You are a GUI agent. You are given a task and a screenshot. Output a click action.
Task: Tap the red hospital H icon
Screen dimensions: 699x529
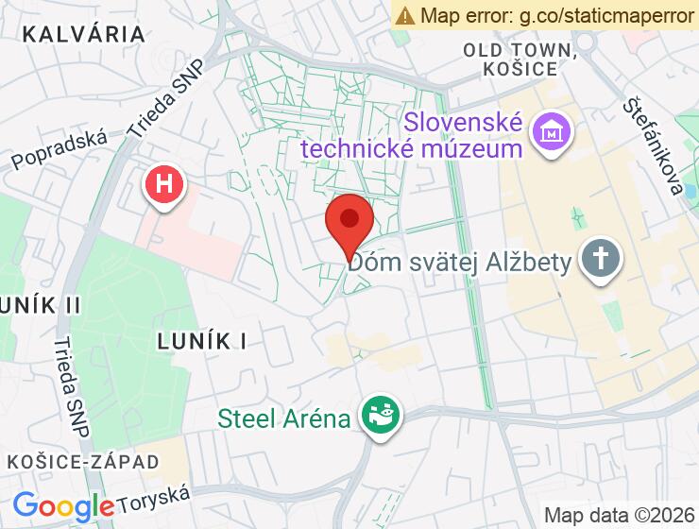[164, 183]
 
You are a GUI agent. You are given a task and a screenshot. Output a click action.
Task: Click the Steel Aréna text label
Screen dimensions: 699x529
[284, 418]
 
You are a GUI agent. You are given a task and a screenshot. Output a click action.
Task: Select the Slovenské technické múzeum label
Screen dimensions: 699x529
[464, 135]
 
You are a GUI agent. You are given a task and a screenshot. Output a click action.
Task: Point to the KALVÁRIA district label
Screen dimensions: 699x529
[84, 35]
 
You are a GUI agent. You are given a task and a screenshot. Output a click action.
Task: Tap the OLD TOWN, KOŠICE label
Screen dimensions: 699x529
[519, 59]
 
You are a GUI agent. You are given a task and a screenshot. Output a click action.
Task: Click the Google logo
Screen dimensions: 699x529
[63, 506]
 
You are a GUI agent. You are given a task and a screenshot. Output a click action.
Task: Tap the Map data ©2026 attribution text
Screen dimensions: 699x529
[618, 516]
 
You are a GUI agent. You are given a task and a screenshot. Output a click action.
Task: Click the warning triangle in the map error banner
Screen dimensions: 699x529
[405, 15]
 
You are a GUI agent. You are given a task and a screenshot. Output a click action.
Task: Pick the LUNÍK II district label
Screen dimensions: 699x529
[40, 305]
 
